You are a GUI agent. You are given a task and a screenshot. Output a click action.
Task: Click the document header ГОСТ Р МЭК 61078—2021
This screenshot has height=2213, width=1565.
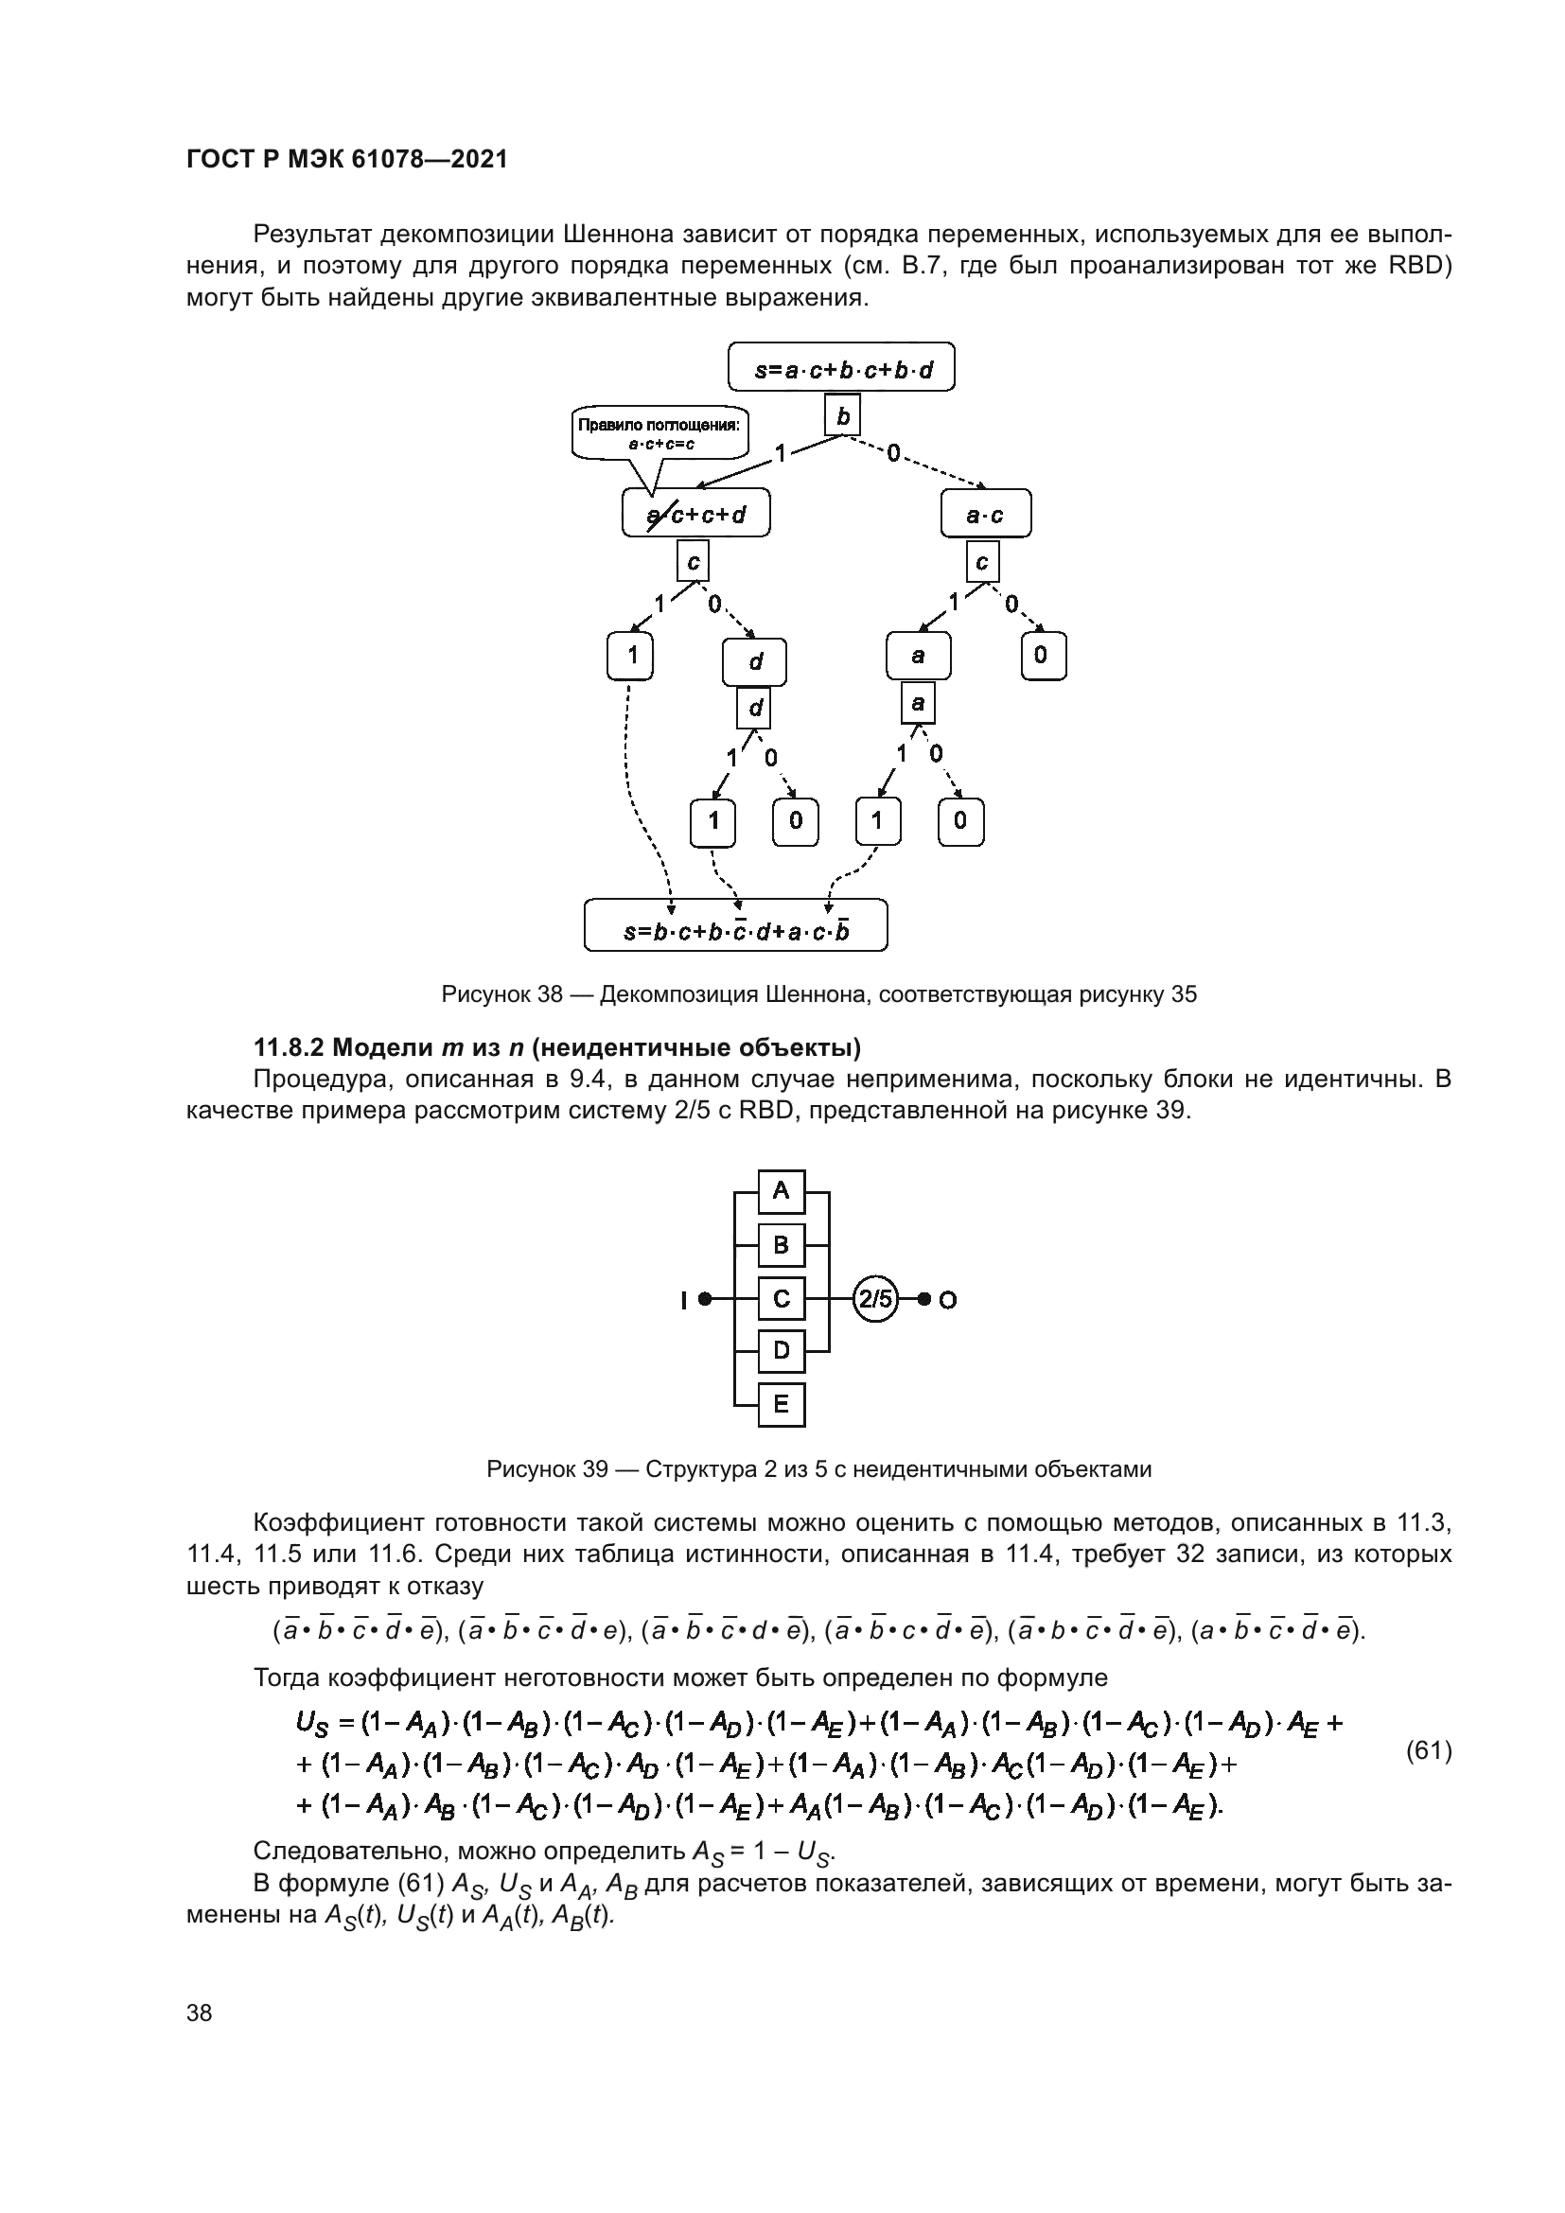point(347,160)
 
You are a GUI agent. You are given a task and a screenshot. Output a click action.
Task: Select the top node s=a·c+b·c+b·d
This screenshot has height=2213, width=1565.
point(841,367)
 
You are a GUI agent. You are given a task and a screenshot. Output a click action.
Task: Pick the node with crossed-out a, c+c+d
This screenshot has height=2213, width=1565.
point(696,514)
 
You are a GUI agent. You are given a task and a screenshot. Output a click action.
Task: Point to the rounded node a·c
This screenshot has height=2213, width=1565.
point(985,514)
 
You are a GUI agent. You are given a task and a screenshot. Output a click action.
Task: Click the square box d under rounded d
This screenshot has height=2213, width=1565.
point(754,709)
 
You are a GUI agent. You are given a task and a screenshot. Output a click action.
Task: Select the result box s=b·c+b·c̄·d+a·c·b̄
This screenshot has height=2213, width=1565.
point(735,931)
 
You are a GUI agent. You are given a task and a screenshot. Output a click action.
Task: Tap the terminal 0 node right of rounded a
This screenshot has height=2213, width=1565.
point(1042,656)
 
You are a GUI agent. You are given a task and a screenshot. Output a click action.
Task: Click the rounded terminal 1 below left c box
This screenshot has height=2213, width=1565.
point(631,656)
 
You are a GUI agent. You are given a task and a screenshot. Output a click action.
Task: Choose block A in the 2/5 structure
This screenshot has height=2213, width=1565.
point(781,1191)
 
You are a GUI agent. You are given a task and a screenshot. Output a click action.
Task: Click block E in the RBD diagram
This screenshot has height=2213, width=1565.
point(781,1403)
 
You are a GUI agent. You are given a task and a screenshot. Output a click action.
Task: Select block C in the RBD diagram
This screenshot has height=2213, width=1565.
point(781,1298)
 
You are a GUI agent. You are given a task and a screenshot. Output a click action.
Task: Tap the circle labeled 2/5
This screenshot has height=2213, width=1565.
point(875,1298)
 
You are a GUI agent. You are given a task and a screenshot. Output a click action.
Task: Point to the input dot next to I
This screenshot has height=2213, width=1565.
point(705,1299)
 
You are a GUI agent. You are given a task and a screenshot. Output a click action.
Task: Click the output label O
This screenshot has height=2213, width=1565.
point(948,1300)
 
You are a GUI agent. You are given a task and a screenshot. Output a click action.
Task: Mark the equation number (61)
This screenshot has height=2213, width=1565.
point(1429,1750)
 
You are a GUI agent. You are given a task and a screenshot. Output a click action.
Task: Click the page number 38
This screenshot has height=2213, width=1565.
point(200,2012)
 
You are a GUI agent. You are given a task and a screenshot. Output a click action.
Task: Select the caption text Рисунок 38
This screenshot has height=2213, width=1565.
point(501,994)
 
